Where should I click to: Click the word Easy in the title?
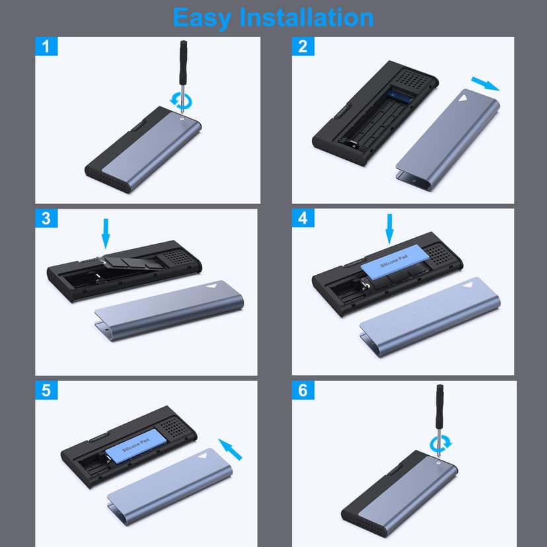202,18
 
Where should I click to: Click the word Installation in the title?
307,17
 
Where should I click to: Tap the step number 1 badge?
46,46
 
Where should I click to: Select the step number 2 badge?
303,46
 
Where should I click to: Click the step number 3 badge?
46,218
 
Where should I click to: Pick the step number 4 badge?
303,218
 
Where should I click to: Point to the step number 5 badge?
46,390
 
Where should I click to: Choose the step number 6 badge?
303,390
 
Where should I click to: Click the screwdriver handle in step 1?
183,63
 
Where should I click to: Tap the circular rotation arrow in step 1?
181,101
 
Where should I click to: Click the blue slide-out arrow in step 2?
486,84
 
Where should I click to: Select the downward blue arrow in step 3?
106,234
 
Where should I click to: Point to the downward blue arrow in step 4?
389,229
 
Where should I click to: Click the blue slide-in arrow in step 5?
230,449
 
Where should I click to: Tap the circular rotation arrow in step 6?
440,445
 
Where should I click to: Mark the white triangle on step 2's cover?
462,98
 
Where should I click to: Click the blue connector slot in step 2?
400,94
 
